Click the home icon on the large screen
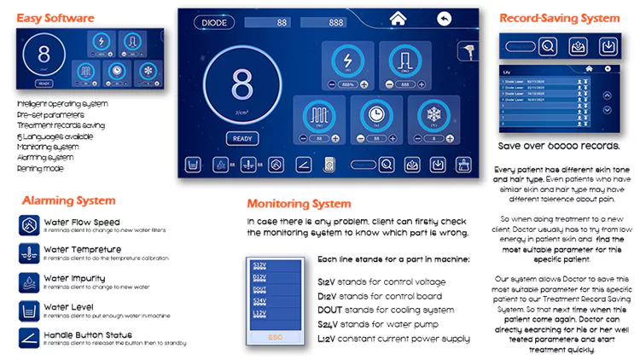tap(397, 19)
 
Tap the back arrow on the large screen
tap(443, 19)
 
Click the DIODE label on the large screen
tap(213, 21)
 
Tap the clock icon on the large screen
tap(375, 116)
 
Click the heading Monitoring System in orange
tap(299, 204)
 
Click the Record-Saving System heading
tap(559, 17)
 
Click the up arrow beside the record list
tap(607, 95)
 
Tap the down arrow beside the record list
tap(607, 109)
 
